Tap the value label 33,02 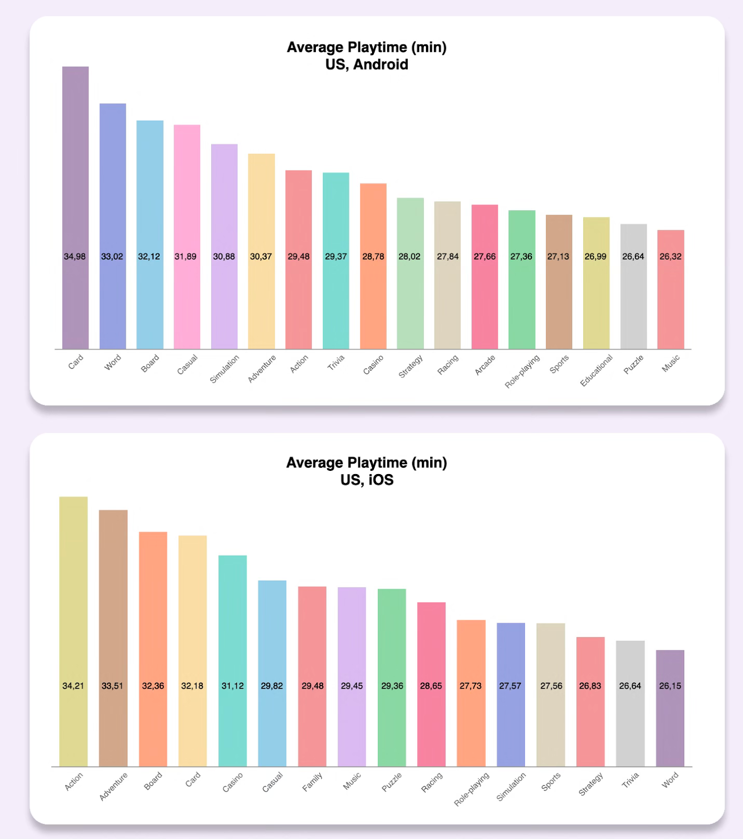pos(112,256)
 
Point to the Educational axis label pos(596,370)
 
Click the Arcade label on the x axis pos(485,365)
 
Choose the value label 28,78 pos(373,256)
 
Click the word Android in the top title pos(380,64)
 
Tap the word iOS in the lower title pos(381,480)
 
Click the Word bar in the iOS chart pos(670,724)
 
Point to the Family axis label pos(312,782)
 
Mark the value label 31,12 pos(233,686)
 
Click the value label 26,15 pos(670,686)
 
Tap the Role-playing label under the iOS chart pos(472,789)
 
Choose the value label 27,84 pos(447,256)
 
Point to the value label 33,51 pos(113,686)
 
